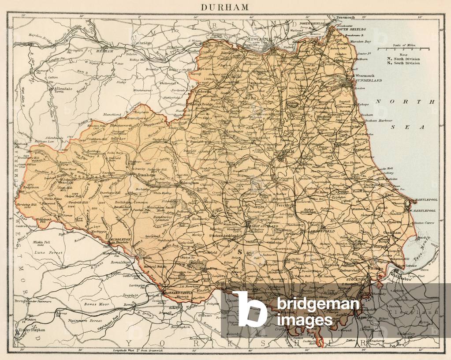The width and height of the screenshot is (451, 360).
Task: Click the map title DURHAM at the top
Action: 225,7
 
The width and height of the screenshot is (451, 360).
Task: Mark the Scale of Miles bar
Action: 403,49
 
